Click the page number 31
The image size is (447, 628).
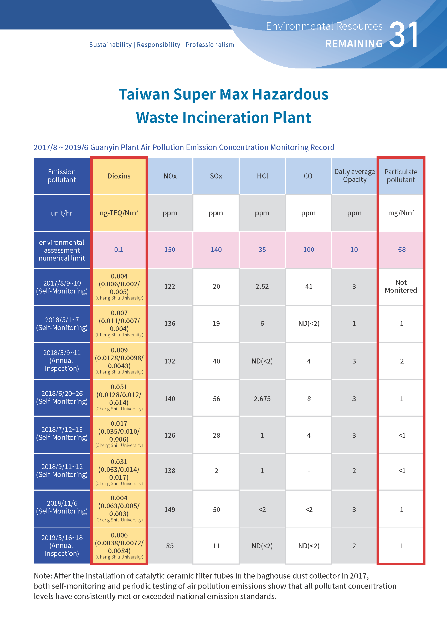404,35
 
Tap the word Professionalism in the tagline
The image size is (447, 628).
210,45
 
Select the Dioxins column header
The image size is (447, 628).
119,176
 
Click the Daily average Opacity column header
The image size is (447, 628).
354,176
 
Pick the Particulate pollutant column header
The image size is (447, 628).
401,176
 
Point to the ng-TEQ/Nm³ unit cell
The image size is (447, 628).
119,213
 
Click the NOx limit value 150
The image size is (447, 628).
170,250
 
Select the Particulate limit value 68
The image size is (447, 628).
402,250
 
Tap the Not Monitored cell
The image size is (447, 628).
401,286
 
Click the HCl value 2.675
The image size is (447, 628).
262,399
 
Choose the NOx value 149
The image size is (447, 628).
170,510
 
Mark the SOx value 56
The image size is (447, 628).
216,399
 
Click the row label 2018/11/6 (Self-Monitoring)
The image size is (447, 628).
62,507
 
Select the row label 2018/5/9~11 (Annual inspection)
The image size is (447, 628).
62,361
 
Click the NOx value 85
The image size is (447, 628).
170,546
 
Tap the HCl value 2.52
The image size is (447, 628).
262,287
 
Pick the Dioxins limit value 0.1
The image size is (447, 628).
119,250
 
